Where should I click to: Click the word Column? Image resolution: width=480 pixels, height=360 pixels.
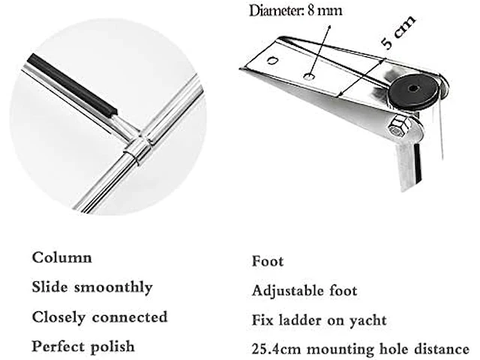(61, 257)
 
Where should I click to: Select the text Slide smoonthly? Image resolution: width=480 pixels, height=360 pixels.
(91, 287)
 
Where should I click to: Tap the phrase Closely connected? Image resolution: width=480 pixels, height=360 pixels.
(99, 317)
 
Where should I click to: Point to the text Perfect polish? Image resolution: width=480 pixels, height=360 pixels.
(83, 347)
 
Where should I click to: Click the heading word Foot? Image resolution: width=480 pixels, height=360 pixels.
(268, 262)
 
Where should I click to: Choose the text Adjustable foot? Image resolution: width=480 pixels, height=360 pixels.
(304, 291)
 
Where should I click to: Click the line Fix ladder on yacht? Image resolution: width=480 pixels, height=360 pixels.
(319, 320)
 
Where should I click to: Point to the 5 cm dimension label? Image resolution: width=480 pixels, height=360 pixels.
(398, 34)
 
